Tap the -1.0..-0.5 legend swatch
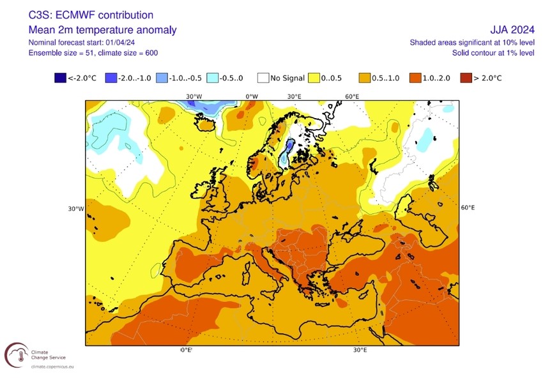click(163, 78)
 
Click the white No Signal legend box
click(263, 78)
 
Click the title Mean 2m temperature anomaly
click(103, 30)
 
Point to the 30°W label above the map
click(194, 96)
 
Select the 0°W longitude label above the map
click(252, 96)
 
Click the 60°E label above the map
click(352, 96)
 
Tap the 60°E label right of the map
click(468, 208)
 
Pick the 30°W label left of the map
click(76, 209)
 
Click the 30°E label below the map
click(360, 350)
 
